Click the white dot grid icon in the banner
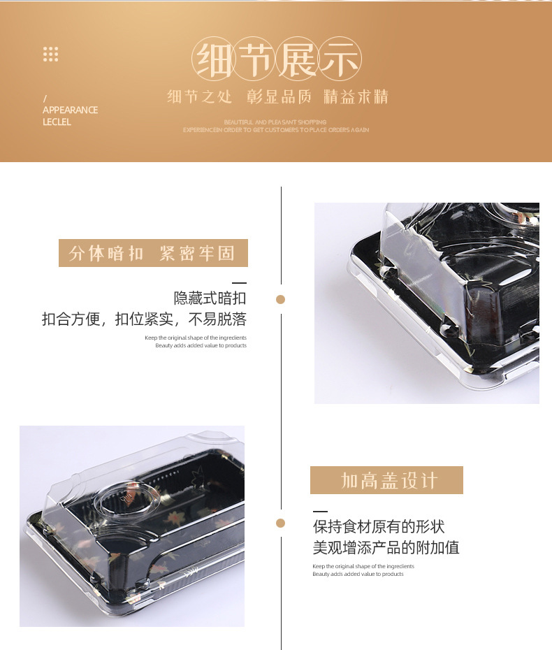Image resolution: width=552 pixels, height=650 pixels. (x=50, y=54)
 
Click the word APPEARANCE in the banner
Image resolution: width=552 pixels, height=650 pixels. (x=70, y=110)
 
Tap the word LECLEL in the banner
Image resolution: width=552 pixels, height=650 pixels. (x=57, y=122)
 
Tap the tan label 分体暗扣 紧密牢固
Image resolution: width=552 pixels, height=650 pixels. (x=153, y=253)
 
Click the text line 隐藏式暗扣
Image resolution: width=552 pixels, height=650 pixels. (x=210, y=298)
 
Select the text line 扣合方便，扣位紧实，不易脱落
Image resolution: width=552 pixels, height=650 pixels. (x=144, y=320)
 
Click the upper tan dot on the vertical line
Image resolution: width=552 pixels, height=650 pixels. (x=281, y=300)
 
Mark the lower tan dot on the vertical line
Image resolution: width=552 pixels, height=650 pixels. (x=281, y=523)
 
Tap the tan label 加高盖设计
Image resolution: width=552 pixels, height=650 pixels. (x=386, y=480)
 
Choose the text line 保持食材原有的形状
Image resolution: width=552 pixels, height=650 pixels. (x=379, y=526)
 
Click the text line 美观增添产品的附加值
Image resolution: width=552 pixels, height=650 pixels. (x=386, y=548)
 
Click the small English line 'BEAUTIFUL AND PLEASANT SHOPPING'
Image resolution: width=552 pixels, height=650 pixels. (x=275, y=122)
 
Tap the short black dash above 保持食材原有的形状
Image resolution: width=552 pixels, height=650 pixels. (x=320, y=512)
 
